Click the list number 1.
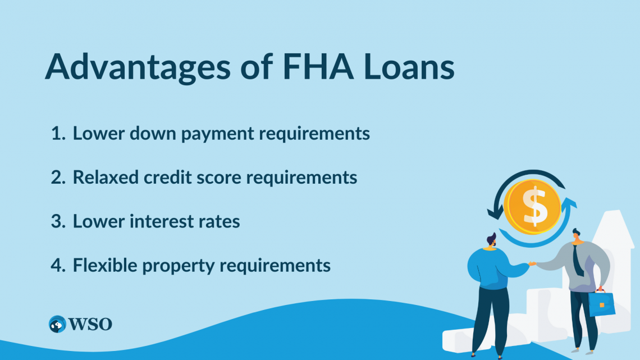(x=57, y=134)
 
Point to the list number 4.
(x=58, y=265)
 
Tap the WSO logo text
(x=91, y=324)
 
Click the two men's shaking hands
(x=532, y=263)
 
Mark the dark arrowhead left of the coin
(x=495, y=214)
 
